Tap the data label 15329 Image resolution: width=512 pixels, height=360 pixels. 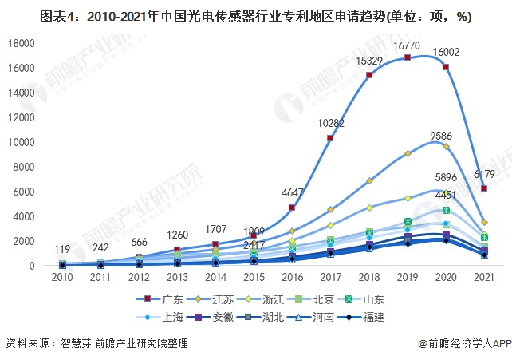coord(368,61)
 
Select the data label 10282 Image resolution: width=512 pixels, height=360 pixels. coord(329,123)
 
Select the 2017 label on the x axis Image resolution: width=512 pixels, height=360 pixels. coord(329,277)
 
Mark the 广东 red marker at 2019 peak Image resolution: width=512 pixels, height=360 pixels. coord(408,57)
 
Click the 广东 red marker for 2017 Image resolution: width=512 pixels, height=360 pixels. coord(329,138)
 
